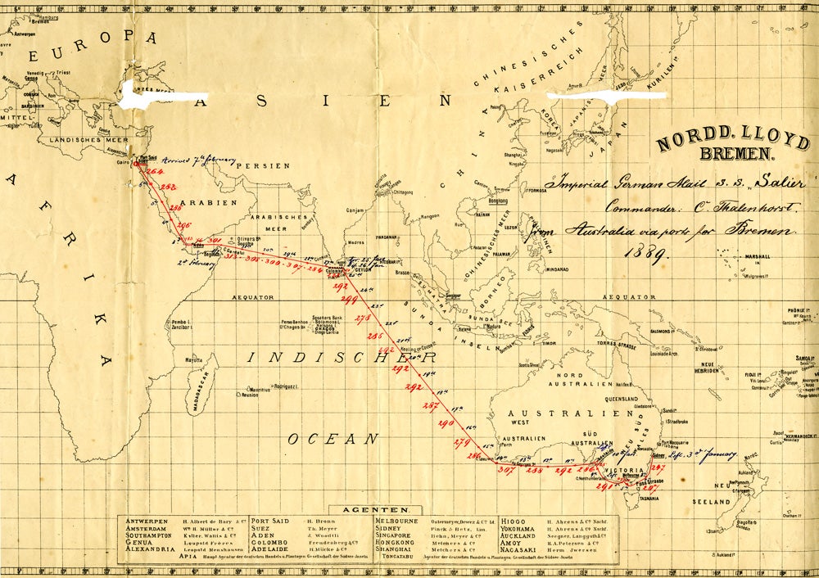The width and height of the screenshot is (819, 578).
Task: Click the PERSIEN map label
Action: point(263,165)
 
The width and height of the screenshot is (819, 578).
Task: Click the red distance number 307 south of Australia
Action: point(505,470)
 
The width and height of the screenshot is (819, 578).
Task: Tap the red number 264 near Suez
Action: point(155,171)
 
